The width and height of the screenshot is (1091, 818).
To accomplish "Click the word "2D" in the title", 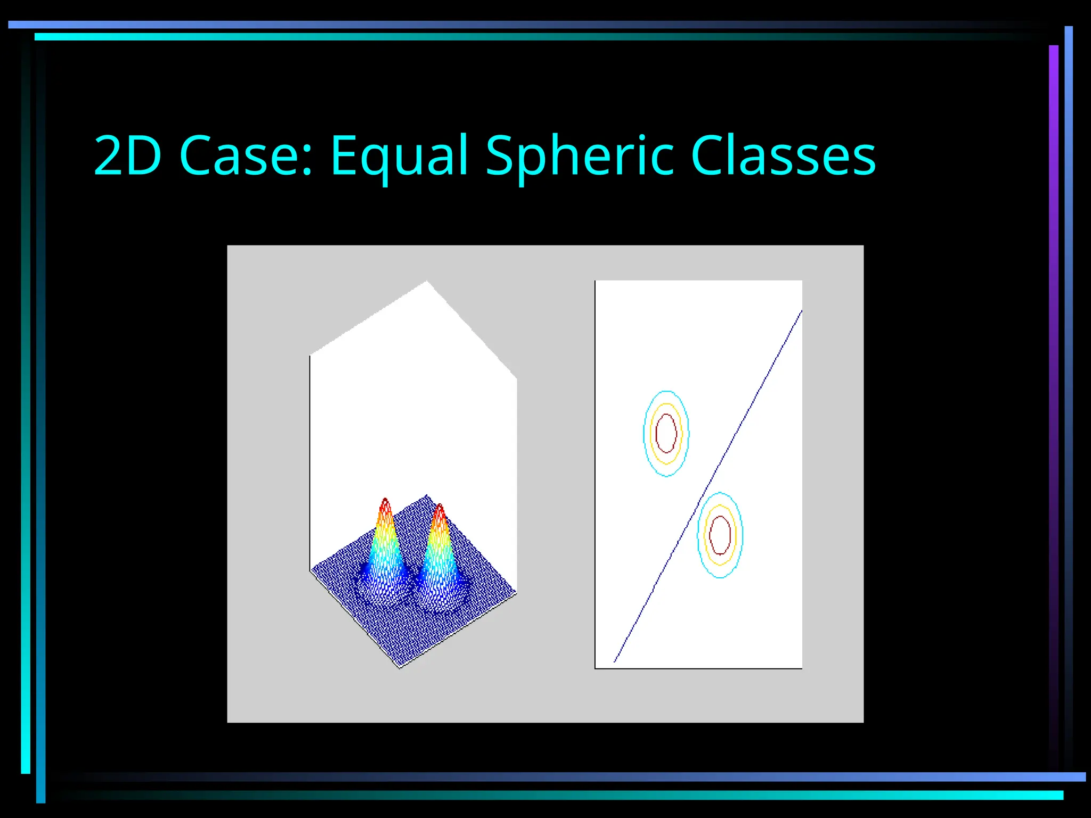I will pos(127,155).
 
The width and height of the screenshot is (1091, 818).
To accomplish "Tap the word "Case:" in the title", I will pos(247,155).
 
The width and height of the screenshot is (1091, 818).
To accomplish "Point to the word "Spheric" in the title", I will pos(580,156).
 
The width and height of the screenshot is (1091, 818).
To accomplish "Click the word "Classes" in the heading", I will pos(783,155).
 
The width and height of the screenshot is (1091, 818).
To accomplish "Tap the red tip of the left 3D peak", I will pos(385,503).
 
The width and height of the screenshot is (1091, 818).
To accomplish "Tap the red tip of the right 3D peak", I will pos(439,509).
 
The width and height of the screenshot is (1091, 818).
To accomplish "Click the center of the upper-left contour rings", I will pos(666,433).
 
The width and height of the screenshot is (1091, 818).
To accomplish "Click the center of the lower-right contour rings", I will pos(720,535).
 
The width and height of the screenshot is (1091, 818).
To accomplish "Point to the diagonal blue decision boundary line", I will pos(709,486).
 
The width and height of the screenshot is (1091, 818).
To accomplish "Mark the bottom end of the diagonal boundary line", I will pos(615,661).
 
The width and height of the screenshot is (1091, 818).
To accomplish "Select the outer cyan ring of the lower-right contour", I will pos(698,535).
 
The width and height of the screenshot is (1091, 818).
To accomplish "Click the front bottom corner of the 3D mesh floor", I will pos(400,667).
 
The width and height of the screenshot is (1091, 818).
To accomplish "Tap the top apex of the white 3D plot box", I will pos(427,281).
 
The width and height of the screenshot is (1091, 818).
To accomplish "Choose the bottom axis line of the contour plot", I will pos(698,668).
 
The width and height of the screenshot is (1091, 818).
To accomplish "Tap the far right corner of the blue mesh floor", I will pos(515,592).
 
